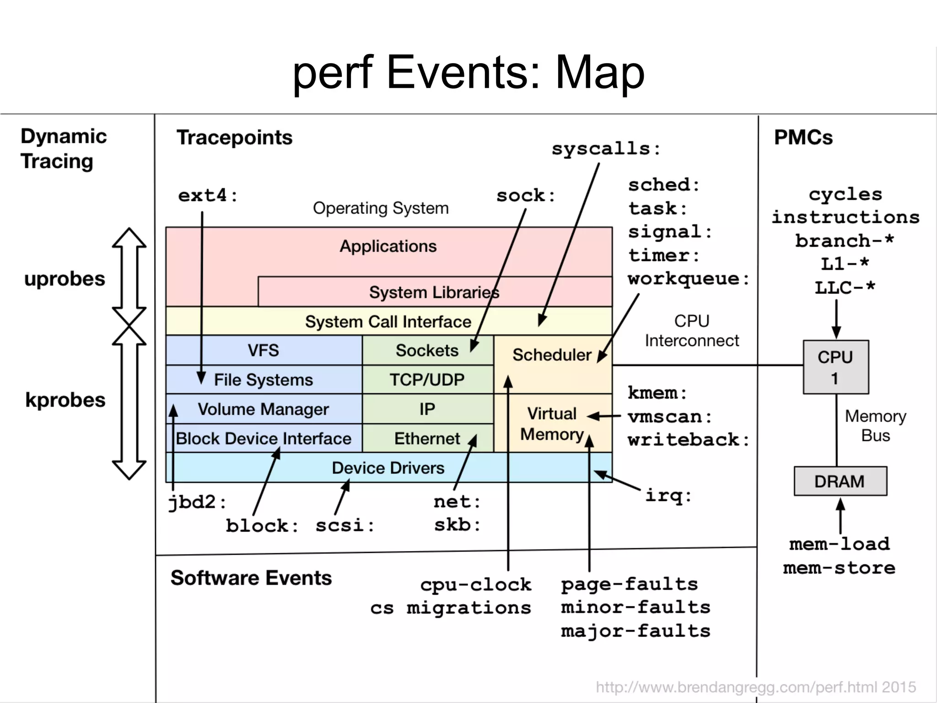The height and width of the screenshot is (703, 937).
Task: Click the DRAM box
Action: pos(840,481)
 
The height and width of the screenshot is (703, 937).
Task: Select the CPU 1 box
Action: pos(835,367)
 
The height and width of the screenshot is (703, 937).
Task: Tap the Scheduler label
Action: pos(551,355)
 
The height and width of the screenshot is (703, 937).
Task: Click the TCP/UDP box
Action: pos(427,379)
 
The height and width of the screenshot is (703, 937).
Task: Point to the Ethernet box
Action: pos(427,438)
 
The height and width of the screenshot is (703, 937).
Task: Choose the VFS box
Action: pos(264,350)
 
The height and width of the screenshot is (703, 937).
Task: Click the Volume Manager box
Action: pos(264,409)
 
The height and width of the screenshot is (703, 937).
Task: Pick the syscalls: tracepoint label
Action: pos(606,149)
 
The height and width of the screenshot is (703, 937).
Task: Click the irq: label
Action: pos(668,495)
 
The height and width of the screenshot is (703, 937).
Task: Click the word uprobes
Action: pos(65,279)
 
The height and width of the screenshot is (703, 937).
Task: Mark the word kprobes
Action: pos(65,400)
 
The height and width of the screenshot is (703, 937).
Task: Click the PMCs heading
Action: pos(803,137)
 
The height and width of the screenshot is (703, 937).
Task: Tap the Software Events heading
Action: pos(251,578)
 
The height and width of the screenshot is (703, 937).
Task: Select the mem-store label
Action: pos(839,568)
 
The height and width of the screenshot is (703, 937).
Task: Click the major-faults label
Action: pos(635,631)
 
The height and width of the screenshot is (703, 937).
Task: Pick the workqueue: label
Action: pos(688,279)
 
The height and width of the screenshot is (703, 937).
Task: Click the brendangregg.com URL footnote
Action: pos(755,687)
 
